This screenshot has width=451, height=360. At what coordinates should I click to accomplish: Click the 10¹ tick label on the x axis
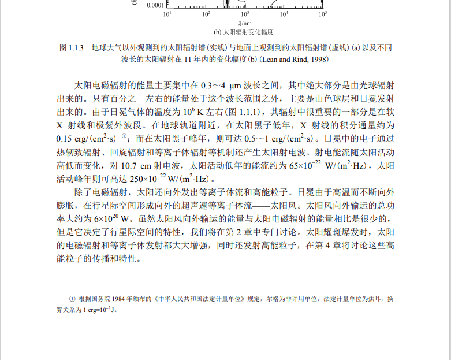tap(167, 13)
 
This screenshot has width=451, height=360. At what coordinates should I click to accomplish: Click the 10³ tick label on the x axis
tap(245, 13)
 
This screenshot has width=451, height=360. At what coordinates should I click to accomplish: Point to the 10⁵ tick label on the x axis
tap(322, 13)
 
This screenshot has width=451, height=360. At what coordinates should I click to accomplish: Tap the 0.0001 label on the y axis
tap(155, 5)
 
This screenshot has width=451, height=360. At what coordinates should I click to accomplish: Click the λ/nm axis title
tap(244, 23)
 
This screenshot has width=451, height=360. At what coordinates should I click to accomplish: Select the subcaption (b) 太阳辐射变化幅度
tap(244, 32)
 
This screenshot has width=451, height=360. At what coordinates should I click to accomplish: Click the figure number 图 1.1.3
tap(73, 47)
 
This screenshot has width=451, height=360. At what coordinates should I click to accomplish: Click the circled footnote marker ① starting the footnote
tap(72, 299)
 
